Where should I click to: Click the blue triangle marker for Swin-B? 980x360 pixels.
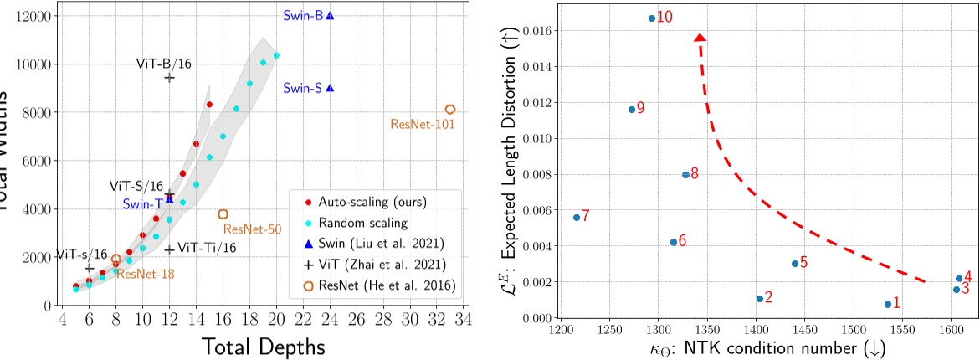pos(330,16)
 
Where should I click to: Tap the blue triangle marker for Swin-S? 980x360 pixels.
pos(330,88)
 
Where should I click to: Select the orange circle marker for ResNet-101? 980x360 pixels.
pos(450,110)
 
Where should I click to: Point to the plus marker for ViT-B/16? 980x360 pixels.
pos(169,77)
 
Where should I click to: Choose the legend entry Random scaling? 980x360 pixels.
pos(365,224)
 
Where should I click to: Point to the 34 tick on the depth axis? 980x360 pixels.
pos(464,319)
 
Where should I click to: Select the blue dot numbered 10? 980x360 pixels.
pos(652,18)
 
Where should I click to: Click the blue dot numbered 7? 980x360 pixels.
pos(577,217)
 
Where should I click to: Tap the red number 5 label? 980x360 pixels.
pos(803,262)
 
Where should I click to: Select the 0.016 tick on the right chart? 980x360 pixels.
pos(541,31)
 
